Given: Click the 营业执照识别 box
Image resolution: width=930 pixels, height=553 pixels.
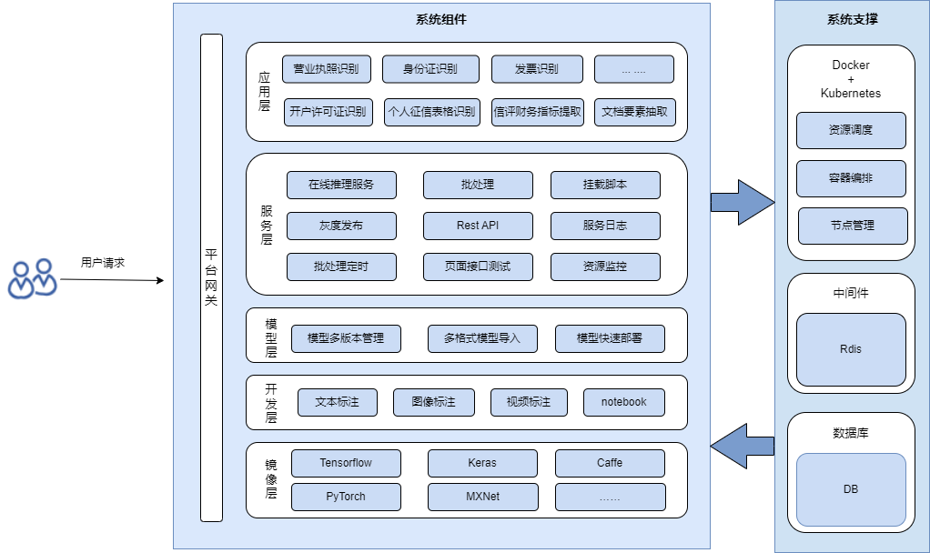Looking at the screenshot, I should coord(326,69).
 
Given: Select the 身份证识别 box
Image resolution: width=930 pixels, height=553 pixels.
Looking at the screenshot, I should coord(431,69).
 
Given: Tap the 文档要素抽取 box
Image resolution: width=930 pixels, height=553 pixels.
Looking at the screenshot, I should coord(635,112).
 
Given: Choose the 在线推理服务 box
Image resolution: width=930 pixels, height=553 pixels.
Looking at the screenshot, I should coord(341,185).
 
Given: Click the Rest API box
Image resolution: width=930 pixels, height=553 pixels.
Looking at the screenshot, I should coord(478,226).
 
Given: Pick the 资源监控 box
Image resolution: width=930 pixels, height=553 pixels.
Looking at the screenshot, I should coord(605,266).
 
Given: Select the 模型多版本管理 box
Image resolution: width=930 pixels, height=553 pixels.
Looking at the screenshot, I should coord(346,338).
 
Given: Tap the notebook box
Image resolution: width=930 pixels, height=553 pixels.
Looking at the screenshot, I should coord(623,402).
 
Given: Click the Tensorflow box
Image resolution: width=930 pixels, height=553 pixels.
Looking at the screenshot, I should coord(346,463).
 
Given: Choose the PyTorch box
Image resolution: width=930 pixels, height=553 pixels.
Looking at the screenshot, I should coord(346,497).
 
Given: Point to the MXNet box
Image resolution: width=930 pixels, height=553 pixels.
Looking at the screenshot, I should coord(482,497).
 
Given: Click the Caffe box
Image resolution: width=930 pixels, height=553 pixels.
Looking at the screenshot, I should coord(610,463).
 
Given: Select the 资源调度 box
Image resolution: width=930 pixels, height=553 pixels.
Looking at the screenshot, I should coord(851,130).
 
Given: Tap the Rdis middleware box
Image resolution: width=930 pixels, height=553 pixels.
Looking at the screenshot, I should coord(851,349).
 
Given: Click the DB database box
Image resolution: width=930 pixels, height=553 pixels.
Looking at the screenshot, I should coord(851,489).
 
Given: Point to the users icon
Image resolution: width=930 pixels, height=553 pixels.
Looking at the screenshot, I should coord(32,278).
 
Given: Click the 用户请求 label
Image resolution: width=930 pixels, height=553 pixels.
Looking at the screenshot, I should coord(103,263).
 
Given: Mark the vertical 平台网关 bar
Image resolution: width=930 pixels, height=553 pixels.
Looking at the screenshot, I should coord(211,277).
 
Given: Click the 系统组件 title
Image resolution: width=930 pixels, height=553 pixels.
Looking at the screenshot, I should coord(440,19).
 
